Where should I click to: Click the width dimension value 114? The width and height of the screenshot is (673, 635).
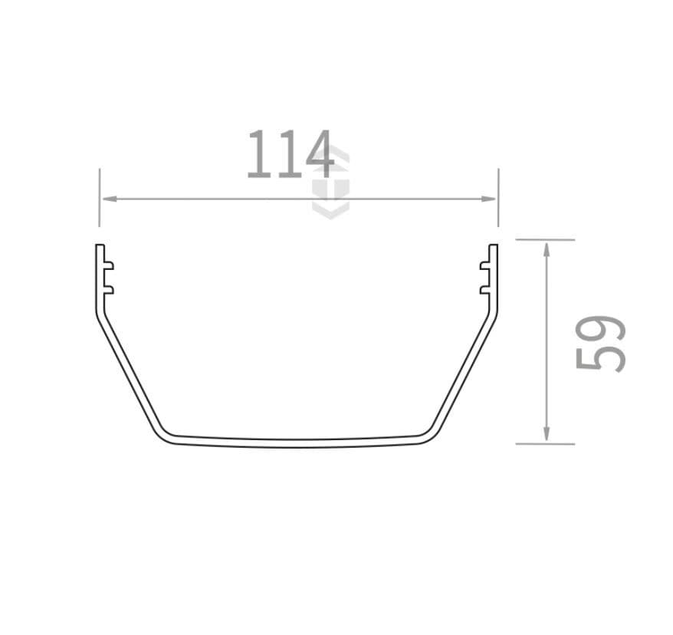coord(290,155)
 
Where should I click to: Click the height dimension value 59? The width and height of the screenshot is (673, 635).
coord(600,342)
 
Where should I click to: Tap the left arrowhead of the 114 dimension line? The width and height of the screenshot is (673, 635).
coord(108,199)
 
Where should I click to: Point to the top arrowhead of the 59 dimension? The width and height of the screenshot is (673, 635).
coord(546,248)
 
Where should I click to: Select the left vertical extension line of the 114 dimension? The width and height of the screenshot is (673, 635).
coord(100,198)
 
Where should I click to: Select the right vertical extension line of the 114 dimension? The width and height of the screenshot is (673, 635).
coord(498,198)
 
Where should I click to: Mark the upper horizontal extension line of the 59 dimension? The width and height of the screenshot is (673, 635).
coord(545,239)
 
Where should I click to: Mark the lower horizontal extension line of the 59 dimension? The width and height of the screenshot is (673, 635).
coord(545,443)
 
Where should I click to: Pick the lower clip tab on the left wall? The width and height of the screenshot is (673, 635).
coord(108,289)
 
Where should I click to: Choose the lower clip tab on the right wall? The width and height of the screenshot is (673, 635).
coord(485,289)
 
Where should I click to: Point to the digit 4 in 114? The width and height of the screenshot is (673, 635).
coord(318,155)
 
